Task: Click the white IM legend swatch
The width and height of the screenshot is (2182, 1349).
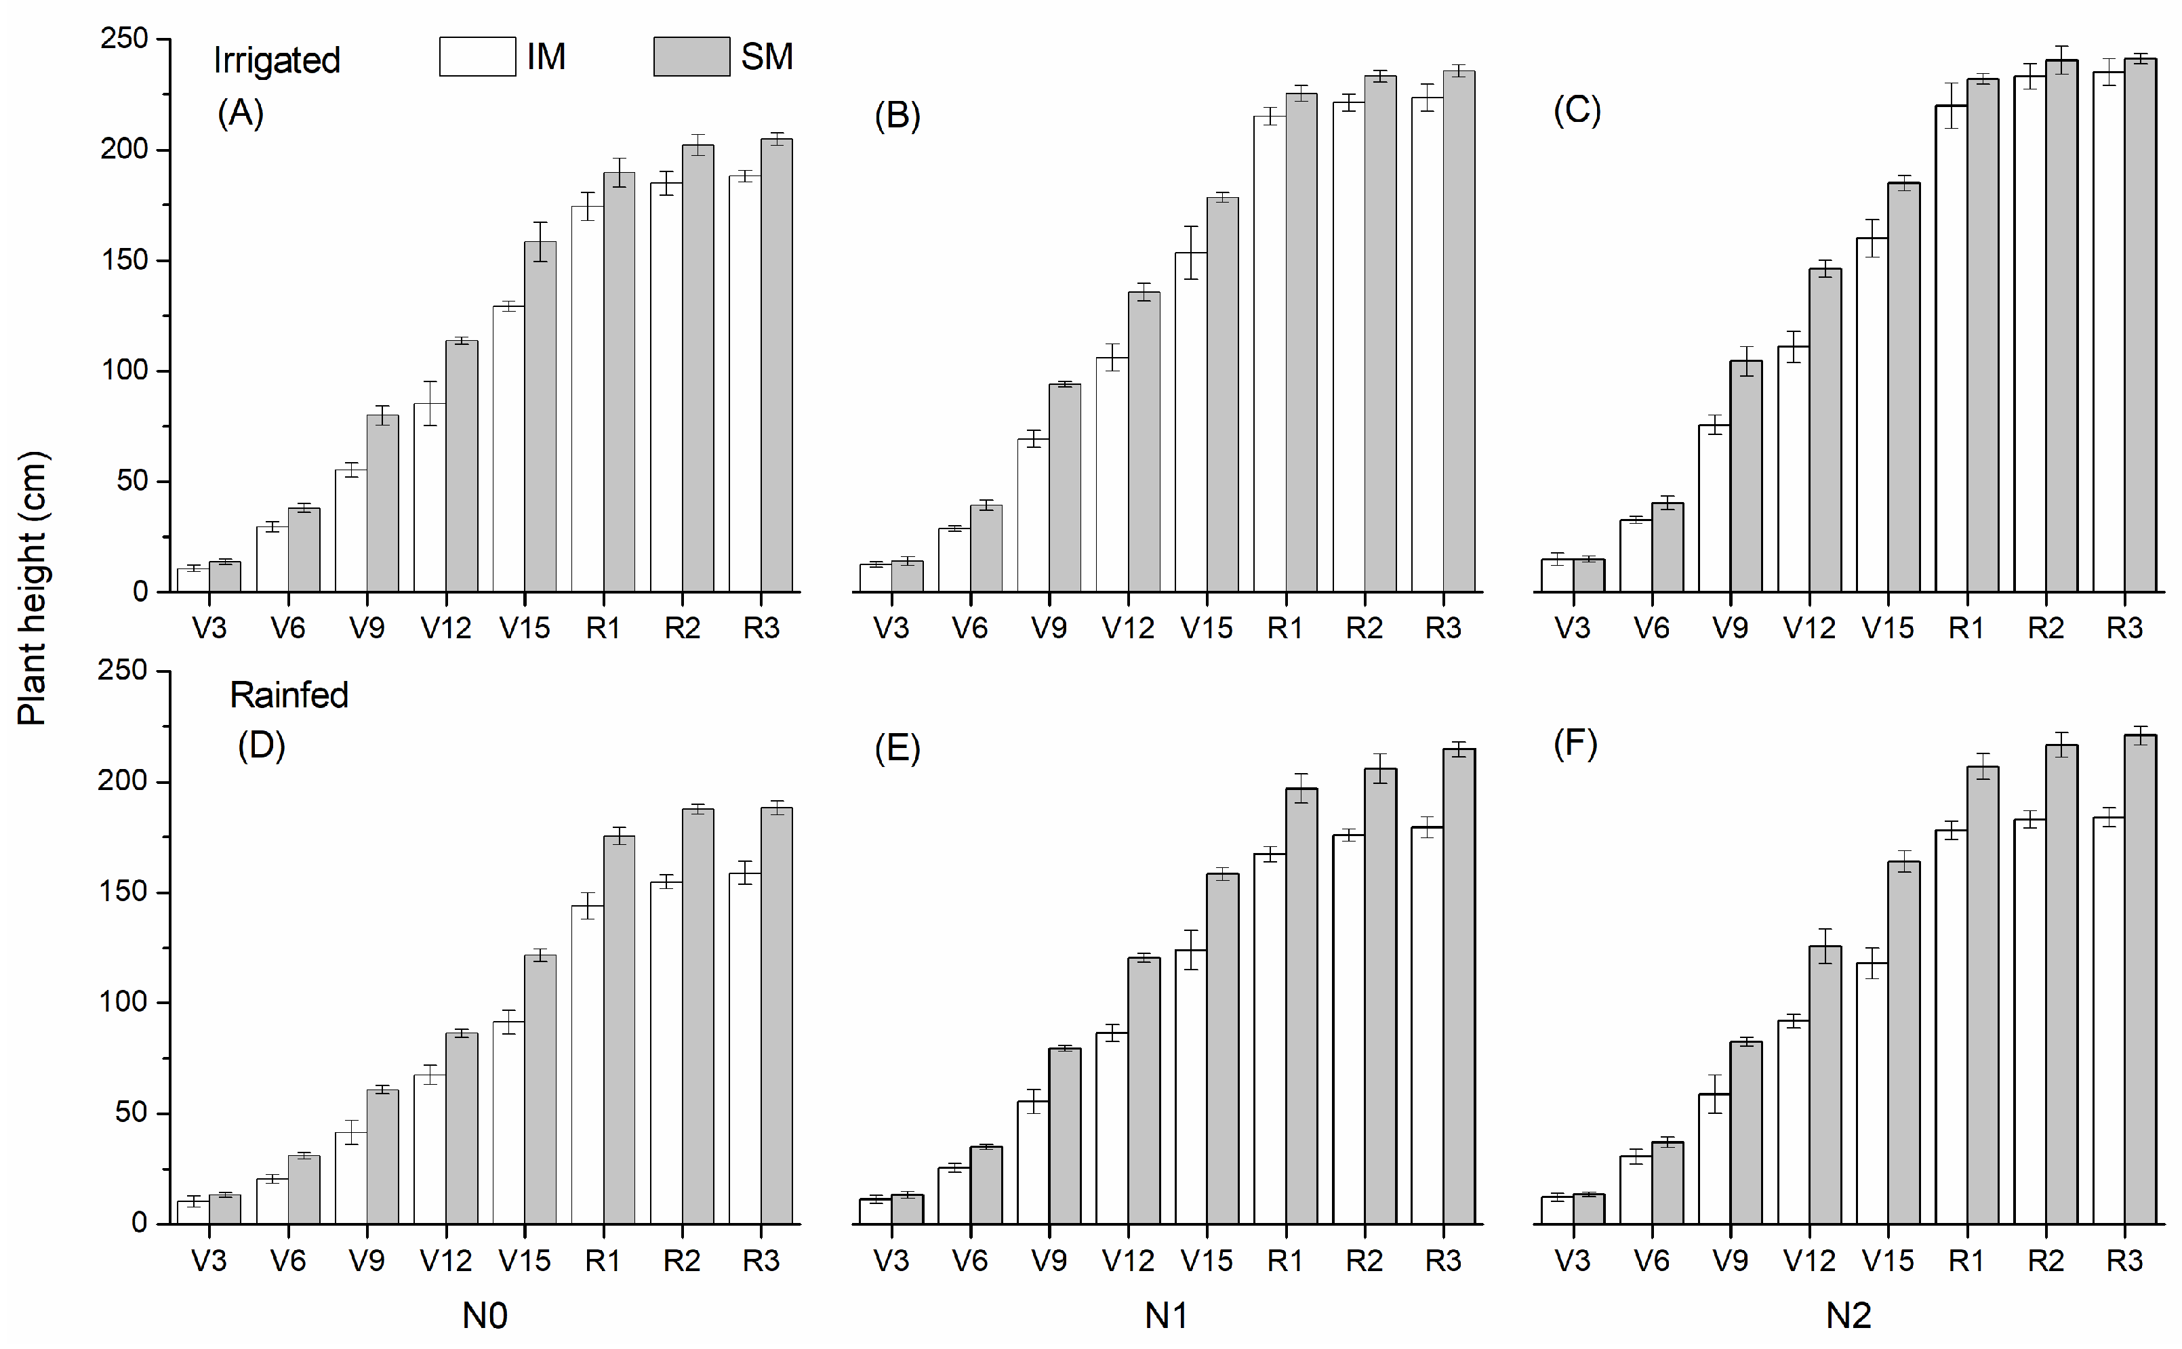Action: [x=477, y=56]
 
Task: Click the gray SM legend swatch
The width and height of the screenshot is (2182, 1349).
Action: [x=691, y=56]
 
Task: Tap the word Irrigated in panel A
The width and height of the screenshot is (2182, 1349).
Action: [x=277, y=61]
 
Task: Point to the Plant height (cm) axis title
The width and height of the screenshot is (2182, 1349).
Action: [x=32, y=589]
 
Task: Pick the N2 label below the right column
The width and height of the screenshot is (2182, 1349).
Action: [x=1848, y=1315]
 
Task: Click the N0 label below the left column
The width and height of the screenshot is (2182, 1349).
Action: [x=485, y=1315]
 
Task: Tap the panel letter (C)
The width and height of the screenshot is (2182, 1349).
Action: [x=1577, y=110]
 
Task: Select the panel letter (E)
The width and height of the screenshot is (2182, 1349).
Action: [x=897, y=747]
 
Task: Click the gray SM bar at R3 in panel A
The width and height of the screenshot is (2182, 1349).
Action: [x=776, y=366]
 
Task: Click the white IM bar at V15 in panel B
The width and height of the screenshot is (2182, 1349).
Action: [x=1190, y=423]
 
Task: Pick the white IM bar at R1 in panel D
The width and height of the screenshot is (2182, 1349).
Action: [x=587, y=1066]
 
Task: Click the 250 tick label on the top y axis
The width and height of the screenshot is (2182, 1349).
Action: [x=124, y=39]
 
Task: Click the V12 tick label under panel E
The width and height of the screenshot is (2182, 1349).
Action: [x=1127, y=1261]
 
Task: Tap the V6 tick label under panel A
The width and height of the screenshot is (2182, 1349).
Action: [x=287, y=628]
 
